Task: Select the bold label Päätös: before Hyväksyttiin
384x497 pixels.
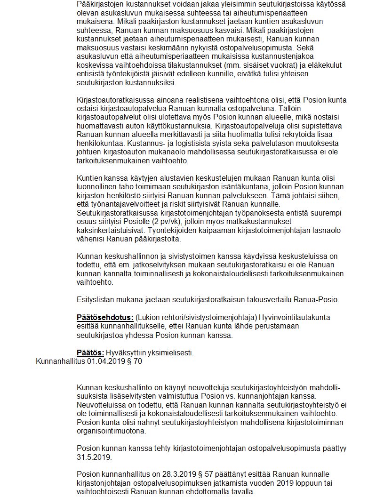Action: [x=90, y=353]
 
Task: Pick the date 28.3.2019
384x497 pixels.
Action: [x=163, y=474]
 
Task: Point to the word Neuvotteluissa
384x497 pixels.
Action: [x=101, y=405]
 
